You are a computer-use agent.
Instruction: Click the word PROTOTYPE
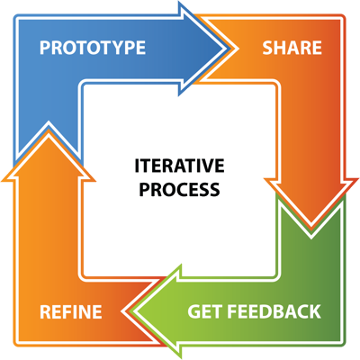coord(93,48)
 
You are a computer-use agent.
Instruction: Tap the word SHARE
coord(292,48)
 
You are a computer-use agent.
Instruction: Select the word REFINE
coord(71,311)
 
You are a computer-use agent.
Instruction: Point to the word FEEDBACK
coord(274,311)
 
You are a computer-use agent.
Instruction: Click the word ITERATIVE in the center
coord(180,166)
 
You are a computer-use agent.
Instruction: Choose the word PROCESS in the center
coord(180,190)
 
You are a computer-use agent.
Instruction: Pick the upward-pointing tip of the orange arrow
coord(49,132)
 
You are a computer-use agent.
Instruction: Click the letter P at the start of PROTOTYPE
coord(45,48)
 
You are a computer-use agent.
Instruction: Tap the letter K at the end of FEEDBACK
coord(315,311)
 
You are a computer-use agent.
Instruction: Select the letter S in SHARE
coord(267,48)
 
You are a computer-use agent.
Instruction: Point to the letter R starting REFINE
coord(45,311)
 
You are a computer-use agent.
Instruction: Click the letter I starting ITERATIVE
coord(137,166)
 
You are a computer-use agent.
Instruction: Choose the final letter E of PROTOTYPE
coord(141,48)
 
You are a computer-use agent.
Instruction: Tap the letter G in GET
coord(193,311)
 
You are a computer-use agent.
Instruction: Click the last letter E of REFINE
coord(97,311)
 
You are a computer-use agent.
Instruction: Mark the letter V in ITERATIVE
coord(207,166)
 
